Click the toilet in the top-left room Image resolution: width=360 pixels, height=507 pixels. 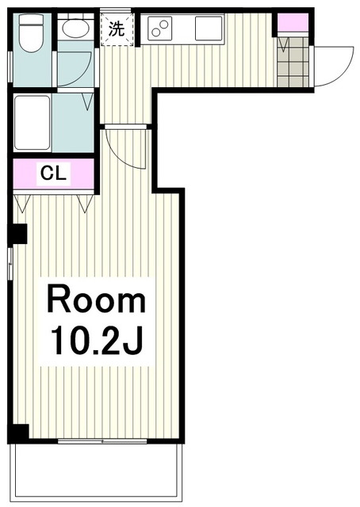click(x=32, y=33)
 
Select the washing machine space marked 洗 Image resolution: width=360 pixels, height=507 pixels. click(x=117, y=29)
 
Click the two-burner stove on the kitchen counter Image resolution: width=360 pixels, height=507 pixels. click(x=160, y=29)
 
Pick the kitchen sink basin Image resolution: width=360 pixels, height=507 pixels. click(x=209, y=29)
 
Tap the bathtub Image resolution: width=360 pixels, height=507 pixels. click(x=32, y=123)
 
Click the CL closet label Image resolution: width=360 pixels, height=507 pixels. click(x=53, y=173)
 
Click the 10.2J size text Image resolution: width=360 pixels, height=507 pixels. click(x=97, y=340)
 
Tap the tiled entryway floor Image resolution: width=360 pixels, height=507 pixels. click(x=293, y=62)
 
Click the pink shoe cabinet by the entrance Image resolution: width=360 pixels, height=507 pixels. click(x=293, y=23)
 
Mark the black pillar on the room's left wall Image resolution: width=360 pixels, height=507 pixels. click(x=18, y=234)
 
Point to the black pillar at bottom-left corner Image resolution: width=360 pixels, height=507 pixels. click(x=19, y=433)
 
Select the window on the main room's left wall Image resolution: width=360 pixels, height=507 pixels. click(x=10, y=264)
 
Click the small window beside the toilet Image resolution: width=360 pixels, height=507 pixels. click(x=10, y=67)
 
